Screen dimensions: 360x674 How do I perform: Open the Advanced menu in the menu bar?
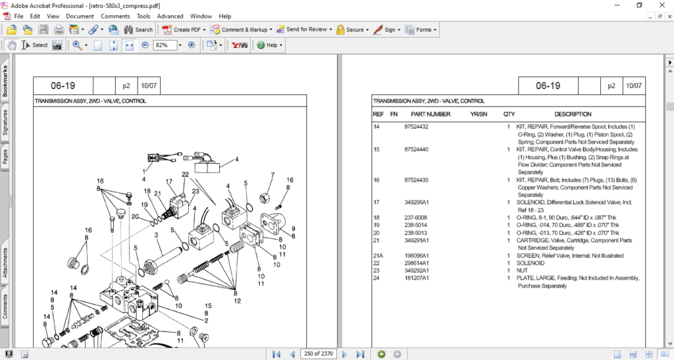[170, 16]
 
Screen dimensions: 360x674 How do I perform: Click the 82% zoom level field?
[165, 45]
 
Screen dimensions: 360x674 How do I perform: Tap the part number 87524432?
[416, 126]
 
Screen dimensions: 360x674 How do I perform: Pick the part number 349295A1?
[416, 202]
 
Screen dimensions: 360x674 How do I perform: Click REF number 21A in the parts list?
[378, 255]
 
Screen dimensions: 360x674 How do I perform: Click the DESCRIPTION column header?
[573, 114]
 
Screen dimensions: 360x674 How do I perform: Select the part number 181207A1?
[416, 278]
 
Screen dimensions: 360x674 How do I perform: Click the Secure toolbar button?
[350, 30]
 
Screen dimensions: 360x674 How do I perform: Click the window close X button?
[661, 5]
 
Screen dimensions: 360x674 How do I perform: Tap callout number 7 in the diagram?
[272, 175]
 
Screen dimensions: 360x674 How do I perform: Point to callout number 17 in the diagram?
[168, 182]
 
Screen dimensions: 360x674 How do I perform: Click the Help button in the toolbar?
[270, 45]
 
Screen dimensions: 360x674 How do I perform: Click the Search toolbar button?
[139, 30]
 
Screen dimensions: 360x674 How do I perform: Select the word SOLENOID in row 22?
[531, 263]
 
